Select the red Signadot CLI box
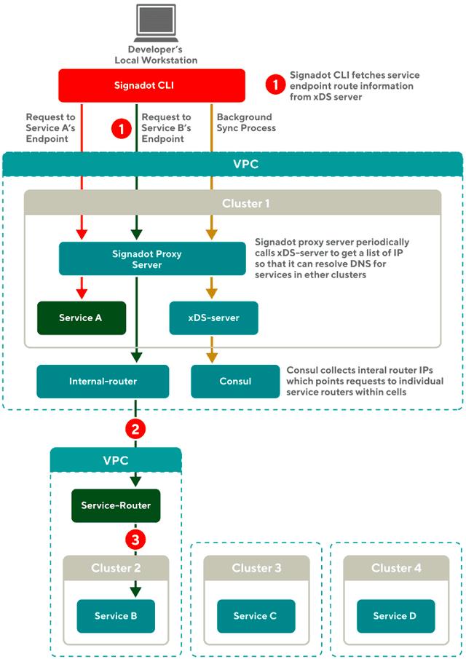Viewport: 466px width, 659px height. [x=151, y=85]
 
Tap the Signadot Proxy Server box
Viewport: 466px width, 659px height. [x=152, y=259]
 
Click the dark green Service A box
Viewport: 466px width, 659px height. [x=82, y=318]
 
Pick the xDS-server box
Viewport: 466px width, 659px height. [x=213, y=318]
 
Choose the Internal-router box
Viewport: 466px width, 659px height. [x=103, y=381]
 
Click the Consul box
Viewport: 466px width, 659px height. [x=234, y=381]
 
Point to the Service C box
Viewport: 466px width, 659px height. [x=255, y=616]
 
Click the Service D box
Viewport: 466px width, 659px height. [x=395, y=616]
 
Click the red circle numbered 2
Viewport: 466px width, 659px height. [x=134, y=428]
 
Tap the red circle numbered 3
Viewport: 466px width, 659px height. [x=134, y=539]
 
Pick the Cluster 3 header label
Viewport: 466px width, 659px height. [x=256, y=568]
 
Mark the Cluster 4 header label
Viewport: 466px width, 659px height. [x=395, y=568]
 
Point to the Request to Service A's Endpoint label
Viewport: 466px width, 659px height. [x=51, y=127]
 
